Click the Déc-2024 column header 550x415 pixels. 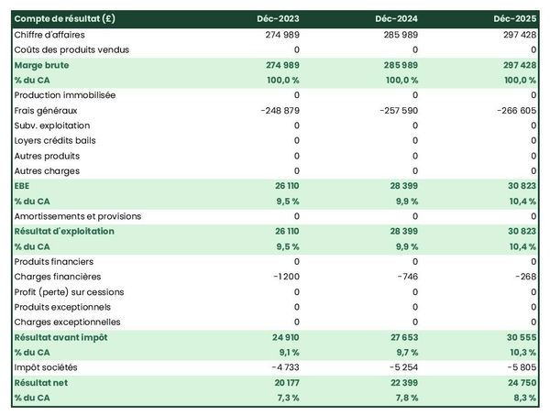[x=396, y=19]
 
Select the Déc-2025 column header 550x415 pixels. [x=514, y=19]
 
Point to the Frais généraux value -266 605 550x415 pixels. [x=514, y=110]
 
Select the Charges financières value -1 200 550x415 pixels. [x=285, y=277]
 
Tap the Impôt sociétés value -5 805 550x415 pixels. [x=520, y=367]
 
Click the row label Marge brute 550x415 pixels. [x=42, y=65]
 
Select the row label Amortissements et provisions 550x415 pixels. [x=78, y=216]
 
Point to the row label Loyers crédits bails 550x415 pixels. [x=55, y=140]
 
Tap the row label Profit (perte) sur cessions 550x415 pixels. [x=70, y=292]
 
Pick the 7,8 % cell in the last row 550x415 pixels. [x=402, y=398]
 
